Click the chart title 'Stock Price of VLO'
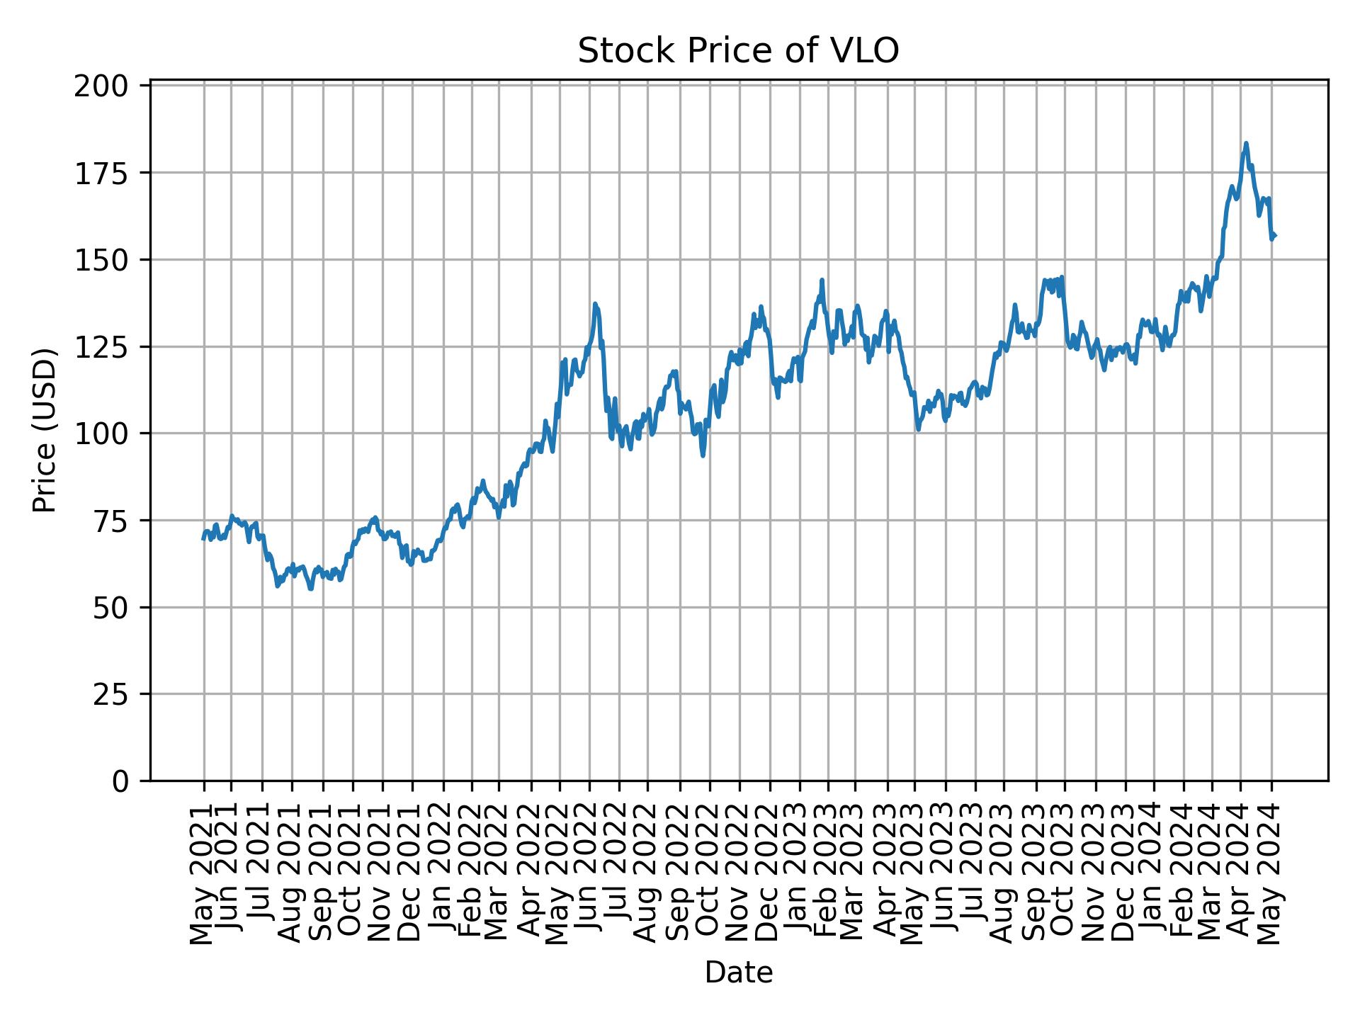coord(738,51)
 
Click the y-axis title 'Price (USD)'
coord(44,430)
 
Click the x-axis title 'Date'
coord(738,973)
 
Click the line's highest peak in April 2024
coord(1246,143)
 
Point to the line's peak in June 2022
coord(595,304)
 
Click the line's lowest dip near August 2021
coord(310,588)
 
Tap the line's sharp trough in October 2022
coord(703,455)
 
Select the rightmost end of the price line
coord(1275,236)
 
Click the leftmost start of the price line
coord(203,539)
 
